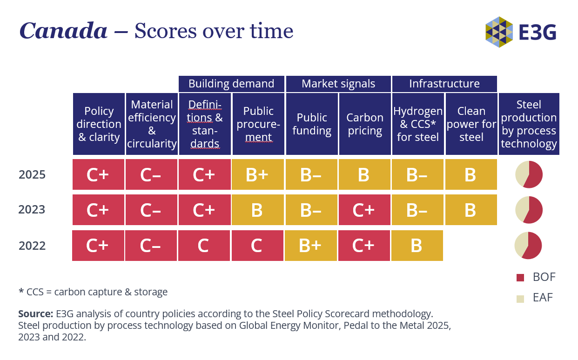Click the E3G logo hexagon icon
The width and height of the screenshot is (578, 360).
click(499, 32)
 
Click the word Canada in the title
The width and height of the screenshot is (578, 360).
click(63, 31)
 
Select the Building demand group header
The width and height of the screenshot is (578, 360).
click(231, 84)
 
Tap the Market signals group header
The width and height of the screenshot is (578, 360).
click(338, 84)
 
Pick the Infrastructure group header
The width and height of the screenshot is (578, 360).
click(444, 84)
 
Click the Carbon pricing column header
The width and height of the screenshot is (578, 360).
click(365, 124)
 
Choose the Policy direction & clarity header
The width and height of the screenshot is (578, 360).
click(99, 124)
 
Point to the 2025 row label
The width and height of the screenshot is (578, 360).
click(32, 174)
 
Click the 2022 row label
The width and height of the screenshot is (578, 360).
click(32, 246)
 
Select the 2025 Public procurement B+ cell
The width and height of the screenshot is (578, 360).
click(257, 174)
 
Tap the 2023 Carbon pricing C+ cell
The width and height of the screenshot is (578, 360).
click(364, 210)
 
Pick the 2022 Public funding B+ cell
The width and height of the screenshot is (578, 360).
click(311, 246)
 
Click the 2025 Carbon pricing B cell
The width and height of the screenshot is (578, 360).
click(364, 174)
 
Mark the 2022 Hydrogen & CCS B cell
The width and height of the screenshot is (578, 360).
click(417, 246)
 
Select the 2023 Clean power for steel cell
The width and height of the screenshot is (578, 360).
click(471, 210)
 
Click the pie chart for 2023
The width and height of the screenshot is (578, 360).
click(529, 210)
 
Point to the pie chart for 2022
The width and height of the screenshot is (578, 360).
click(528, 246)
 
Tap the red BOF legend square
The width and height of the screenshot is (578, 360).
click(520, 278)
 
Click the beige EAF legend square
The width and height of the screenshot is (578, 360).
click(520, 299)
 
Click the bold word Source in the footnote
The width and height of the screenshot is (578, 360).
click(36, 314)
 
